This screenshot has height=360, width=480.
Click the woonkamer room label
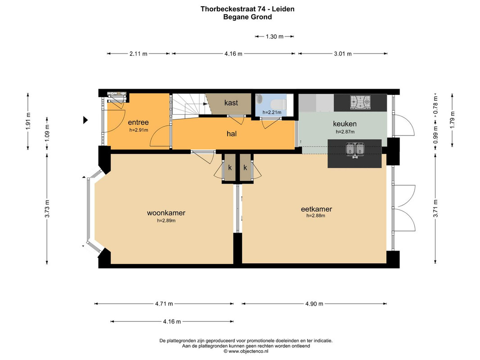point(166,213)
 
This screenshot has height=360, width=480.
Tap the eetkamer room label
point(317,209)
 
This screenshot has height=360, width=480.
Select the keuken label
point(345,124)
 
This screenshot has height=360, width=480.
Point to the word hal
point(232,134)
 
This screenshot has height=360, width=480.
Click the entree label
point(139,122)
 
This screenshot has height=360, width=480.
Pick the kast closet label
point(231,103)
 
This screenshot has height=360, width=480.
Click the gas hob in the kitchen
point(360,102)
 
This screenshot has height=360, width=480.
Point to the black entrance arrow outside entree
point(86,120)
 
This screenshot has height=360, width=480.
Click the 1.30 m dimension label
point(274,36)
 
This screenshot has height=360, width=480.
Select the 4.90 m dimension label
point(314,304)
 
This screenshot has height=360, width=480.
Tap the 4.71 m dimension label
point(164,304)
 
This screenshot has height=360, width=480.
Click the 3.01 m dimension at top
point(343,54)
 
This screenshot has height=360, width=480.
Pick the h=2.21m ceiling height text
point(272,112)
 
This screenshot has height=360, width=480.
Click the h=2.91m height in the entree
point(139,130)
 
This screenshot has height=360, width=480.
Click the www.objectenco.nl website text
point(249,351)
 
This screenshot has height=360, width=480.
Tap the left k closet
point(230,168)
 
